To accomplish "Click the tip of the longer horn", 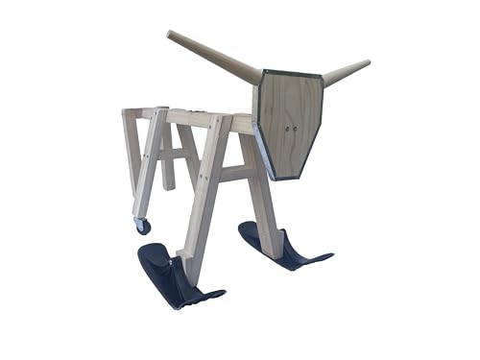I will point(170,35).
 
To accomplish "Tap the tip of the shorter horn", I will point(367,63).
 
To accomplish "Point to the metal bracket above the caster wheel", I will point(140,217).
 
